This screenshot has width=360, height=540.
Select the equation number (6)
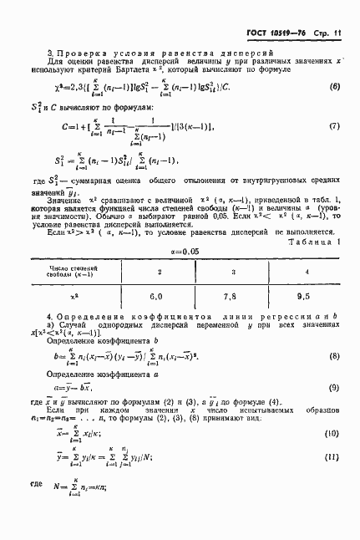334,88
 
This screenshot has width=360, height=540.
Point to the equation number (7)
334,127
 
